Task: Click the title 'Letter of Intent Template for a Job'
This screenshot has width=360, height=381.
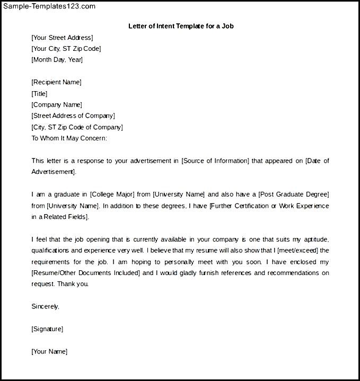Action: tap(181, 25)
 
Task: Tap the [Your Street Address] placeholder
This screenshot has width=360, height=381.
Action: tap(62, 37)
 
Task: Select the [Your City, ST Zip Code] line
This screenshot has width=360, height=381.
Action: tap(66, 49)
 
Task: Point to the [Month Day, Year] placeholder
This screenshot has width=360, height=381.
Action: tap(57, 60)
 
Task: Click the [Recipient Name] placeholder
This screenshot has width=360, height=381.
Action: tap(56, 82)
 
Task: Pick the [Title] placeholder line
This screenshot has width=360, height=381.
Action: tap(39, 94)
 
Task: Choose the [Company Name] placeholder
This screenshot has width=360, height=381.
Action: tap(57, 105)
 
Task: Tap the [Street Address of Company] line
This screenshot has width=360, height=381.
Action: tap(73, 116)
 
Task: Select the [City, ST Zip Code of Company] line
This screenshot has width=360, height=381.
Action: tap(77, 127)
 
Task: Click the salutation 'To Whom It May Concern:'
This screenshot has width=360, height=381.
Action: tap(69, 138)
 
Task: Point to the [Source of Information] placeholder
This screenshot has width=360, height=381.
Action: tap(215, 161)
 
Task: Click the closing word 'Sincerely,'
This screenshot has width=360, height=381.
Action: tap(45, 306)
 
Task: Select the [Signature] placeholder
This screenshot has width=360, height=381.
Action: tap(47, 329)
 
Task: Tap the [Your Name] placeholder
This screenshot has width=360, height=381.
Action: tap(49, 351)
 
